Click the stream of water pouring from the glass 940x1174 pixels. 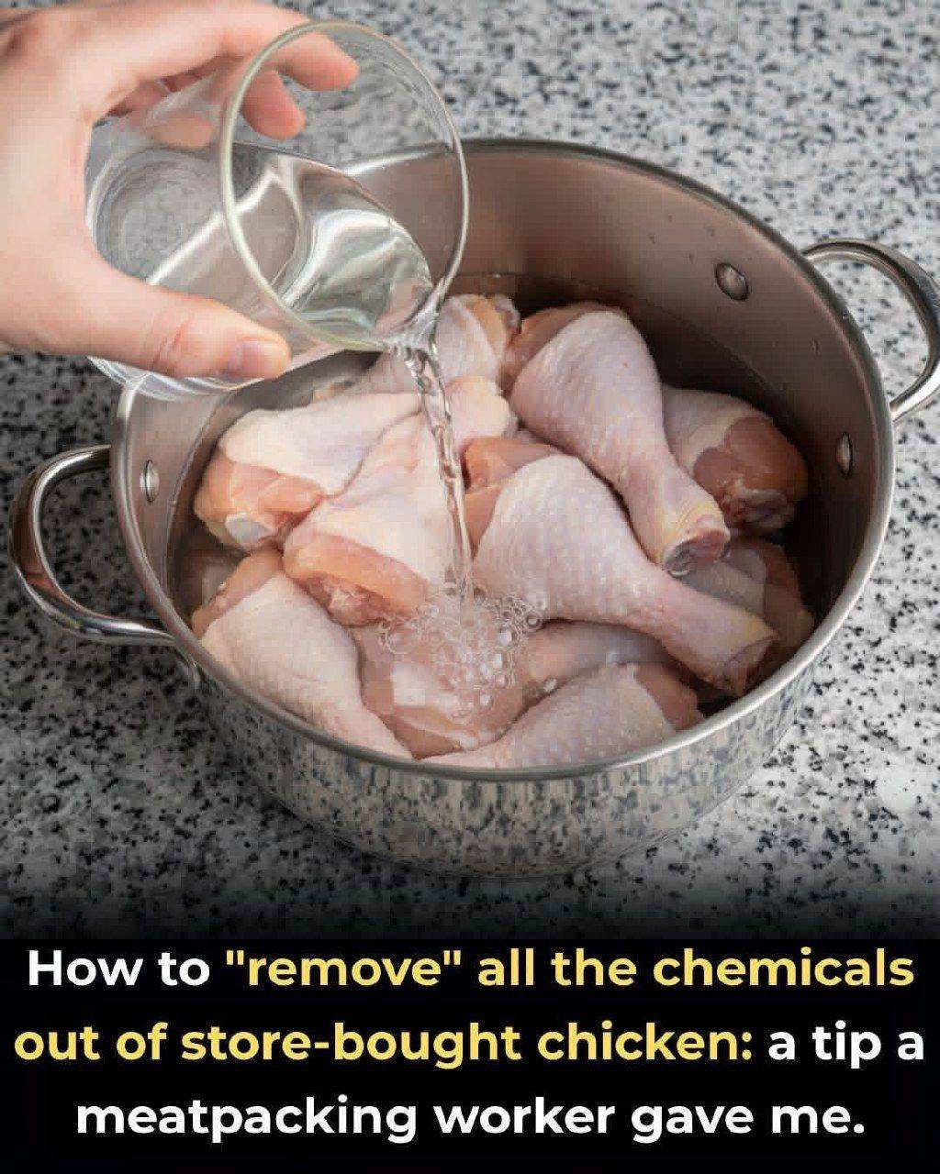pos(442,464)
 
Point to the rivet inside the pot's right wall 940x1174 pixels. pos(845,453)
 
